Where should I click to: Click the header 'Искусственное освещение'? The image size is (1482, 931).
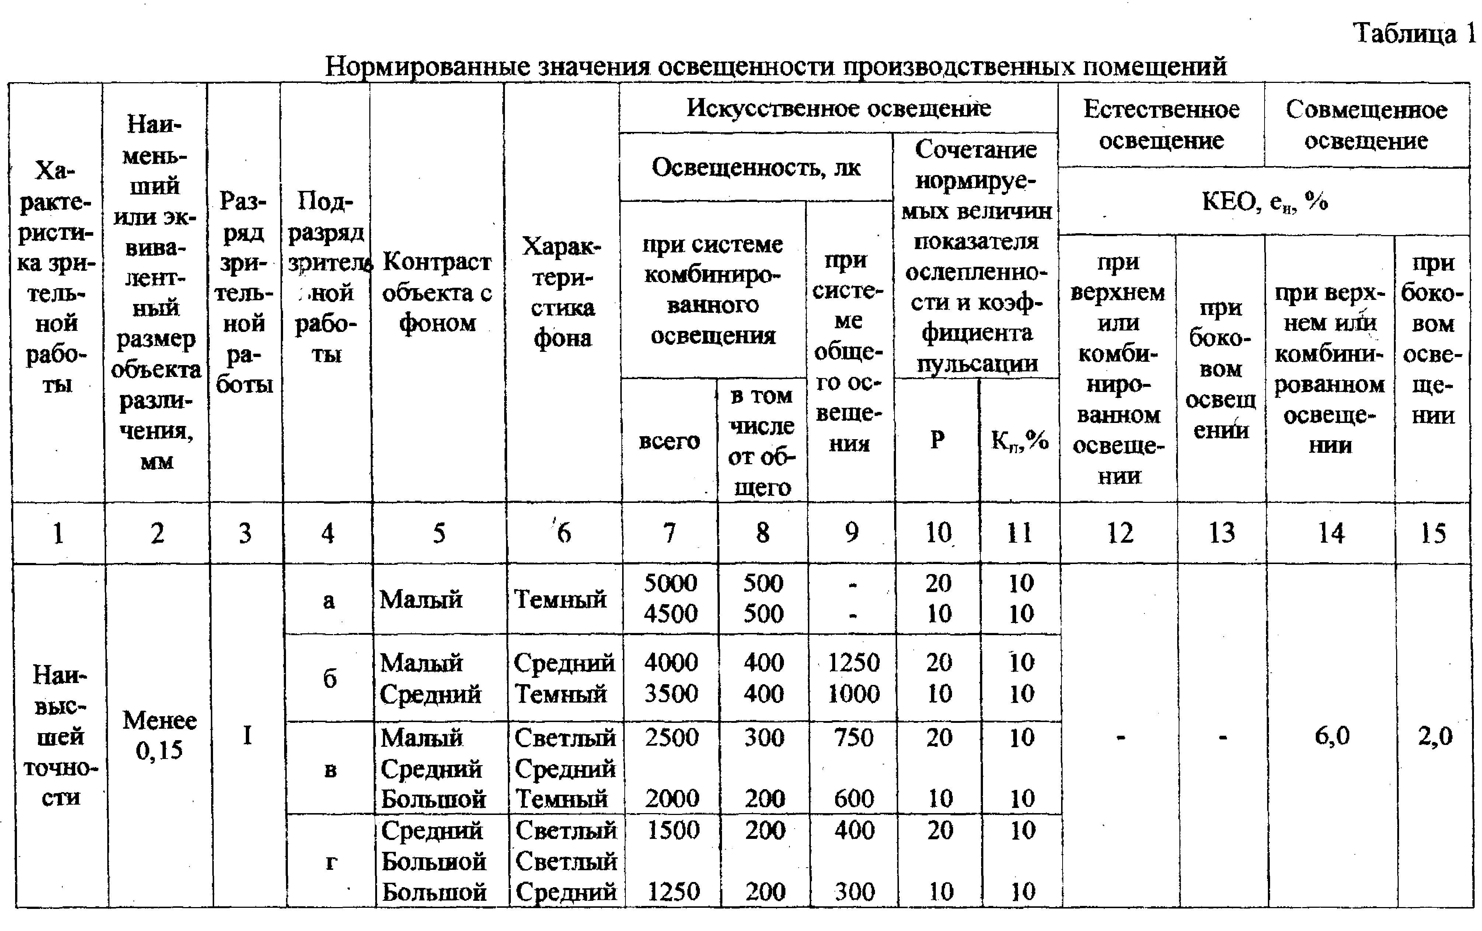[838, 108]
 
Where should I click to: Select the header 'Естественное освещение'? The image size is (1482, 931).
[1161, 125]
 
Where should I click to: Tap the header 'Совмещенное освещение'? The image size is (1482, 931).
[1366, 125]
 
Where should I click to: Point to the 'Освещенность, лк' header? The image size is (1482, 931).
[756, 167]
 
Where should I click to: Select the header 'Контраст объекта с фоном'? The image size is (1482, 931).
[437, 292]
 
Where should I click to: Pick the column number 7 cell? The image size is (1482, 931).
[670, 533]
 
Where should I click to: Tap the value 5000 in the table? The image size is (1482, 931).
[670, 583]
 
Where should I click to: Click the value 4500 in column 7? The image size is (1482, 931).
[670, 613]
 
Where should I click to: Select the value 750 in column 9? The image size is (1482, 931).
[853, 737]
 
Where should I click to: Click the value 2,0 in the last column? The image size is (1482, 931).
[1434, 736]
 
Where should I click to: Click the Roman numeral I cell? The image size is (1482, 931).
[247, 736]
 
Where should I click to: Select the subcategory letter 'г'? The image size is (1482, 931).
[331, 861]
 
